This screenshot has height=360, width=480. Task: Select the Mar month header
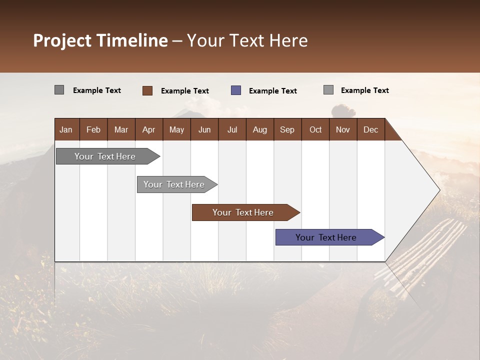[x=121, y=129]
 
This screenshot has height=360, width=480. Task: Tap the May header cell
[x=176, y=129]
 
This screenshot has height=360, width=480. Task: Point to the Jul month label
[x=232, y=130]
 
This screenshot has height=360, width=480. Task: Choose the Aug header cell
[x=260, y=129]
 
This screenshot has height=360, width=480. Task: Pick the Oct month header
[x=315, y=129]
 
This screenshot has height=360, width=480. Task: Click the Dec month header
[x=370, y=129]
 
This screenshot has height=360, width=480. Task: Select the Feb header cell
[x=93, y=129]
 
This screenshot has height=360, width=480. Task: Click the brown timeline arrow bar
[x=246, y=212]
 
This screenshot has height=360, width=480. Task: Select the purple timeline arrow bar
[x=330, y=237]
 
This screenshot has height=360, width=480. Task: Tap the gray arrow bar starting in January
[x=108, y=156]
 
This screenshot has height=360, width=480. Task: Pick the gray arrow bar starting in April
[x=177, y=184]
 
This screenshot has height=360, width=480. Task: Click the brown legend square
[x=147, y=90]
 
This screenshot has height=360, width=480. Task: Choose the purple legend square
[x=236, y=90]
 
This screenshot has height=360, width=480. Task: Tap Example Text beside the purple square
[x=273, y=91]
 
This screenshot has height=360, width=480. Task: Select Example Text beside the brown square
[x=185, y=91]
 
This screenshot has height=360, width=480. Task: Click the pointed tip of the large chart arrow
[x=440, y=190]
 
